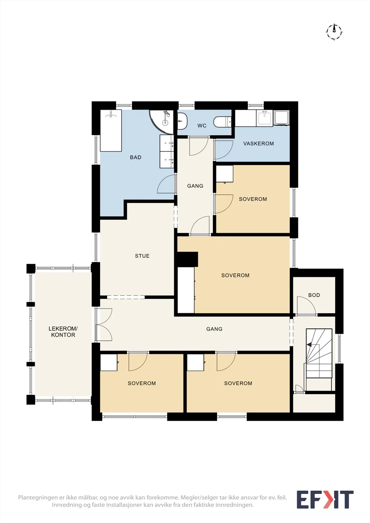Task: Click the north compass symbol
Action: click(x=334, y=32)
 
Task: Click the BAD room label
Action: click(x=135, y=157)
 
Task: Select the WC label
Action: click(x=202, y=126)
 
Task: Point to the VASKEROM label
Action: click(x=258, y=143)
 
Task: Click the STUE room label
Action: click(x=142, y=256)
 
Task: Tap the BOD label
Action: click(x=314, y=295)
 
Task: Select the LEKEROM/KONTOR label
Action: click(x=63, y=332)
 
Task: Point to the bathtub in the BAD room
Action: click(x=111, y=130)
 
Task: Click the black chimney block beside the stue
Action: click(x=188, y=260)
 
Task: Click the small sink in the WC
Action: click(x=182, y=121)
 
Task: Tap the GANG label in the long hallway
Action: click(x=214, y=329)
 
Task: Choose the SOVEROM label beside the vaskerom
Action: click(x=253, y=199)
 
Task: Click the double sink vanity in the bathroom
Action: click(x=167, y=151)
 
